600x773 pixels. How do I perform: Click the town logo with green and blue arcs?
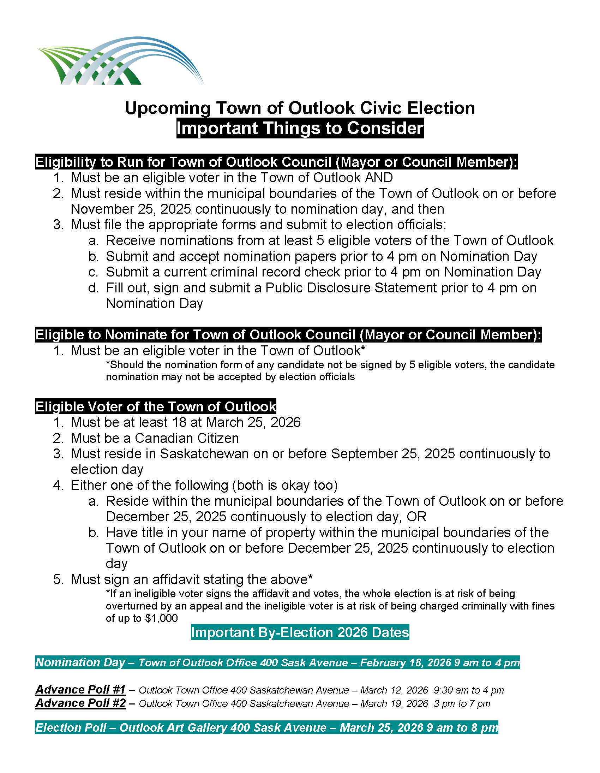[120, 61]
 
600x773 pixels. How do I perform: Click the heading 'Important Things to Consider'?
[300, 128]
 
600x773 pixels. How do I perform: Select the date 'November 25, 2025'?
[131, 209]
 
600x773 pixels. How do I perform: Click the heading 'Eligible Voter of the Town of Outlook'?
[155, 407]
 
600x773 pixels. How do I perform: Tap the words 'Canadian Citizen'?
[186, 438]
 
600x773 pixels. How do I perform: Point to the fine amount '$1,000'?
[161, 618]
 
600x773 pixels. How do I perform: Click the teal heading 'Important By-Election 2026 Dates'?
[300, 632]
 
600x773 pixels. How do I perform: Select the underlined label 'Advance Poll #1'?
[81, 689]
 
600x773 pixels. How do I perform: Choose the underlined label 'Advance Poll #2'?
[81, 703]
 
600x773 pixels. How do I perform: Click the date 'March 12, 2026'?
[394, 690]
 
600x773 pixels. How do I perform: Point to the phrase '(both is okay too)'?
[285, 485]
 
